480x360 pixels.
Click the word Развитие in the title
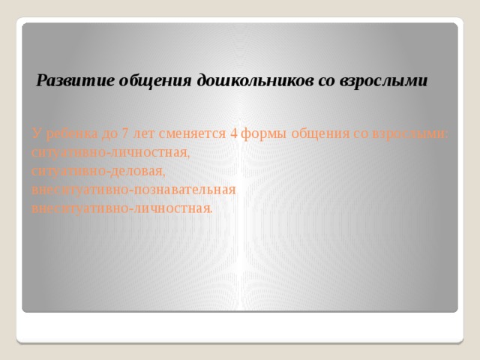tap(75, 81)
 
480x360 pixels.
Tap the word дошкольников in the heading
tap(255, 81)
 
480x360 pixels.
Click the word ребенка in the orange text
tap(72, 133)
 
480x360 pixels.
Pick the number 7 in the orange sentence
tap(124, 133)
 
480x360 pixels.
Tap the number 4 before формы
tap(233, 133)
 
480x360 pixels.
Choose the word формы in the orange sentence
tap(264, 135)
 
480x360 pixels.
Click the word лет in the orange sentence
tap(143, 134)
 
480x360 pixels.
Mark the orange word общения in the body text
tap(320, 135)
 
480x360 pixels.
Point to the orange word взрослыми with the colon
tap(410, 135)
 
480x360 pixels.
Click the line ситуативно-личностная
tap(110, 153)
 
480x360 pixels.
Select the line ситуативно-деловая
tap(98, 172)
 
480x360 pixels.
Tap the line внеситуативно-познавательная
tap(133, 190)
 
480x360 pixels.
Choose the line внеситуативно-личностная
tap(121, 208)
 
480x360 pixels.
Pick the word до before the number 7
tap(109, 134)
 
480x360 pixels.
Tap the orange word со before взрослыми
tap(361, 135)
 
